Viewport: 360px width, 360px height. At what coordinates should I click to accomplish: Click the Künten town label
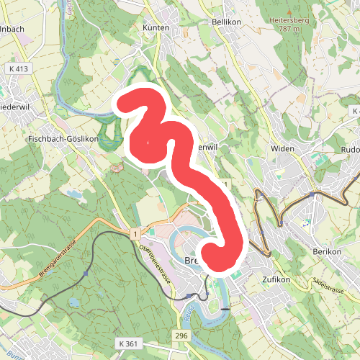tap(156, 27)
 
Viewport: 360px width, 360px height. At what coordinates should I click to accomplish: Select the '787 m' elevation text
tap(288, 29)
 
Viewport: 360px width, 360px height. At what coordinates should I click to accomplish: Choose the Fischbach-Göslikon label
tap(62, 138)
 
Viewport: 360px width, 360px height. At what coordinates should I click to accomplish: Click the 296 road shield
tap(181, 336)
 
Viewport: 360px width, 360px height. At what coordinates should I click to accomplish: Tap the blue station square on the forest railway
tap(86, 274)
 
